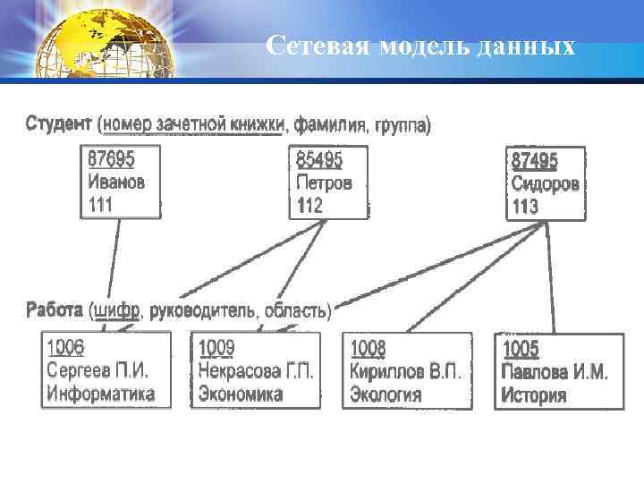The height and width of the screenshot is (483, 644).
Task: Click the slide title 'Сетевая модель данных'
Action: (420, 45)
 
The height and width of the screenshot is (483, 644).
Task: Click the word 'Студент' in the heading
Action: (59, 123)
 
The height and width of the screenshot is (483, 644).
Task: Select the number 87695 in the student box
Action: (111, 159)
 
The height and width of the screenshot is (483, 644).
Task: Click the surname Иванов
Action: (116, 182)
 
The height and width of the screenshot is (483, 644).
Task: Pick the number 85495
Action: (319, 160)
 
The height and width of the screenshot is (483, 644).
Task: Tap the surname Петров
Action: (324, 182)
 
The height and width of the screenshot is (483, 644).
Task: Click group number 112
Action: (310, 205)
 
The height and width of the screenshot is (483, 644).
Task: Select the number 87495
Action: (534, 161)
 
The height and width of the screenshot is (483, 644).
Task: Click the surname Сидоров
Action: (545, 184)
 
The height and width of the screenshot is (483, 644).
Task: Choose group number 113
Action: (525, 207)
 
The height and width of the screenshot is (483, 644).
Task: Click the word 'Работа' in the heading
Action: (55, 310)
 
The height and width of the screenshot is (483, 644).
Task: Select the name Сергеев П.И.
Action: (97, 370)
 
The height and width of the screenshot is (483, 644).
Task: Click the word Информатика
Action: (101, 393)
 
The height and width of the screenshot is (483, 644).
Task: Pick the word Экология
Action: (386, 394)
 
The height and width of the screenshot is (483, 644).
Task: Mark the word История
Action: (534, 394)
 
